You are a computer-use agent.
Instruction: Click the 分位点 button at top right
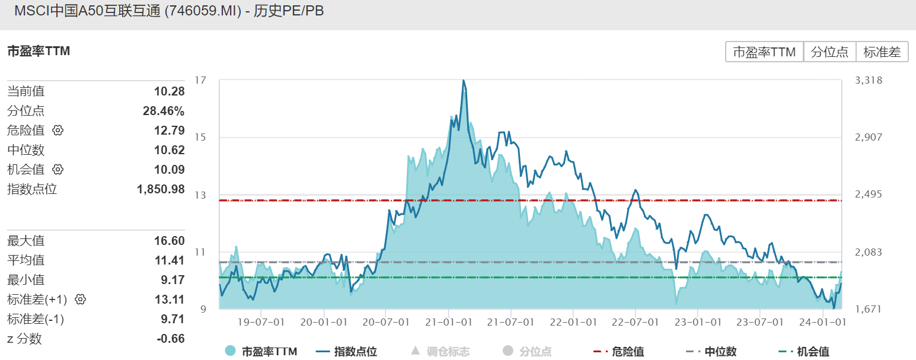click(829, 52)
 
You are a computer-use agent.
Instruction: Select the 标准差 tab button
click(882, 52)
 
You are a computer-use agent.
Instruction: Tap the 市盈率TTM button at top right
click(764, 52)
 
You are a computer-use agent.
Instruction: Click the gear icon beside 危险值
click(58, 130)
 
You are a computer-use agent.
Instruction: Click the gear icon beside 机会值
click(58, 170)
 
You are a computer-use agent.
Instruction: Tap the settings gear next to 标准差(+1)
click(81, 300)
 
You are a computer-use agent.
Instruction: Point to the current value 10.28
click(170, 91)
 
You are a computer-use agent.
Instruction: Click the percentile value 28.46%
click(164, 111)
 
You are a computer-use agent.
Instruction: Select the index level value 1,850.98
click(161, 189)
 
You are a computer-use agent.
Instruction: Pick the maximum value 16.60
click(170, 241)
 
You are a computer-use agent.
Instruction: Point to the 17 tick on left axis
click(202, 80)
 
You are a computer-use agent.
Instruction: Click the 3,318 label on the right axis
click(869, 80)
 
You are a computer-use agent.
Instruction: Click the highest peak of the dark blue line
click(464, 81)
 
